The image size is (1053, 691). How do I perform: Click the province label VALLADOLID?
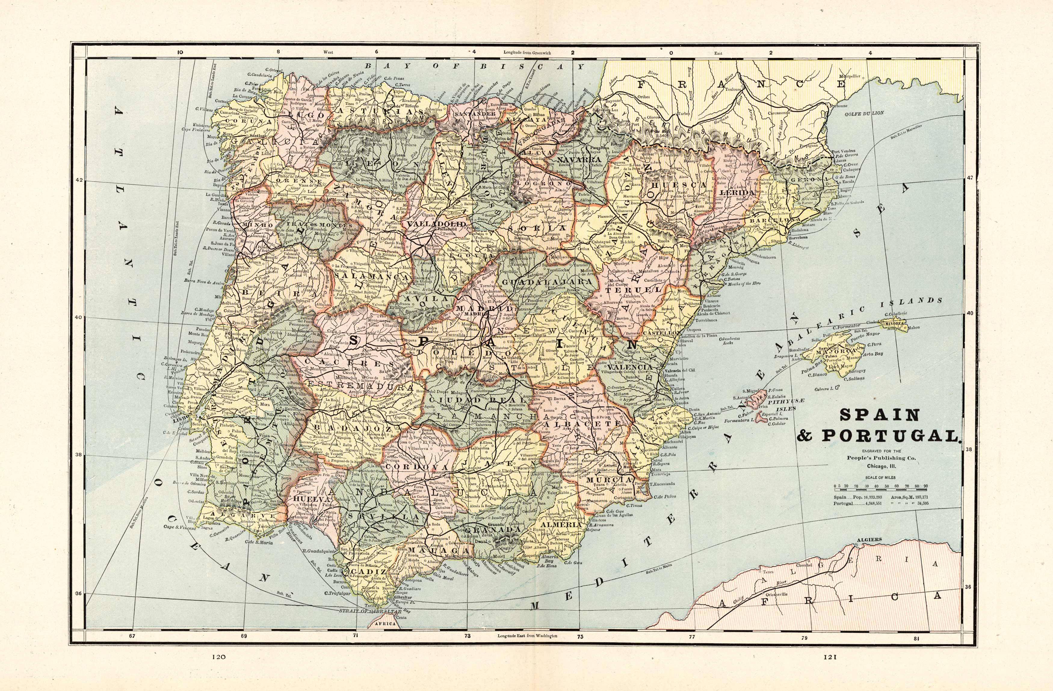pos(436,224)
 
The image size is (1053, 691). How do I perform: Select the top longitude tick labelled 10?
pos(180,52)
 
